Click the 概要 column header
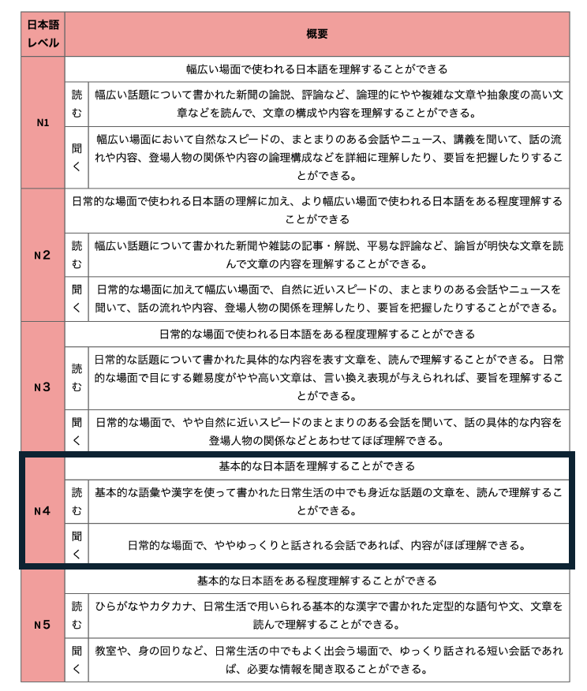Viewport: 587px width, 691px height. [x=316, y=34]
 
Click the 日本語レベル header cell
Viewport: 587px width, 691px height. [x=43, y=34]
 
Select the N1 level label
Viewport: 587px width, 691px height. [x=43, y=122]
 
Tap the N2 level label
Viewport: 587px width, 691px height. [x=43, y=255]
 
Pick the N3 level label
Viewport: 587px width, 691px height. [x=43, y=387]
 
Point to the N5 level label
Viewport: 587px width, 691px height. [x=43, y=625]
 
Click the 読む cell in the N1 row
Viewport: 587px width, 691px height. [x=77, y=103]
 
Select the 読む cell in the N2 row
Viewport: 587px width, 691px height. [x=77, y=255]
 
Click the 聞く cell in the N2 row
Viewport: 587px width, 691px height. [x=77, y=298]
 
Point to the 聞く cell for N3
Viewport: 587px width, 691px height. [x=77, y=431]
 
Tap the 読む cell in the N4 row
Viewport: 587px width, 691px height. [x=77, y=501]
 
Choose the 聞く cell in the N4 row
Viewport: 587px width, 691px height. [x=77, y=544]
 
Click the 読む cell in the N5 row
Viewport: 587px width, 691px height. [x=77, y=615]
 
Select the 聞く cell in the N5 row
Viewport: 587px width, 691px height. [x=77, y=660]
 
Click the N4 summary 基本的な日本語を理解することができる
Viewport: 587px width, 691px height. [x=316, y=466]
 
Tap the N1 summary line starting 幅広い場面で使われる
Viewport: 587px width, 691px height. [x=316, y=69]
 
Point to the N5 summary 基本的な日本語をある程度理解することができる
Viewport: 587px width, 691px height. [x=316, y=581]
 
